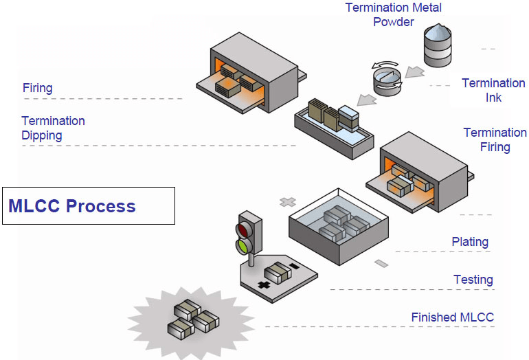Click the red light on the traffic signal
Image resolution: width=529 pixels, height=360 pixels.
pos(244,230)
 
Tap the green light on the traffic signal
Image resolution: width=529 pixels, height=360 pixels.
pos(244,247)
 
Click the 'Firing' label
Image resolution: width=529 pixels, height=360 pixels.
pos(38,88)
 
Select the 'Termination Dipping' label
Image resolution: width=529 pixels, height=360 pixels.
pos(53,128)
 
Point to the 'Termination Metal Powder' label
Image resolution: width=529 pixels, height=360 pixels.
pos(394,14)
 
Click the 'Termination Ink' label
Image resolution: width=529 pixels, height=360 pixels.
pos(493,90)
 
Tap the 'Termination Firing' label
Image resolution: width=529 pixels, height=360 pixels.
pos(495,139)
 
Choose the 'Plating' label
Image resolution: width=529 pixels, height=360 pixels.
pos(470,242)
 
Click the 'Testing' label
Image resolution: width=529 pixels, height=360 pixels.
pos(473,280)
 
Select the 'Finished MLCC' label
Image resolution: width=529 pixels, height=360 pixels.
pos(453,317)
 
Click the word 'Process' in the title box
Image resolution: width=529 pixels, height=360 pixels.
pos(100,206)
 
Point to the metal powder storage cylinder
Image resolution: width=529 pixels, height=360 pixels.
pos(438,45)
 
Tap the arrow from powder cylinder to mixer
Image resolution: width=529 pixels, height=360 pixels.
pos(415,71)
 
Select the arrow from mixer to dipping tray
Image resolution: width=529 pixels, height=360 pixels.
pos(367,100)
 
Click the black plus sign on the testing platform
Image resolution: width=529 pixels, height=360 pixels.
pos(264,284)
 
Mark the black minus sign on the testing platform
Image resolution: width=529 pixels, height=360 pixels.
pos(295,266)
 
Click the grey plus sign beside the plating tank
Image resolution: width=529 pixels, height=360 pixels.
pos(288,202)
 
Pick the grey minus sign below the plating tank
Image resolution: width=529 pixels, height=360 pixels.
pos(381,263)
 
